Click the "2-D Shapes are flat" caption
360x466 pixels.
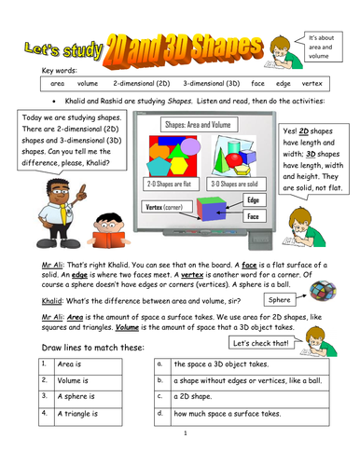click(x=167, y=184)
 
